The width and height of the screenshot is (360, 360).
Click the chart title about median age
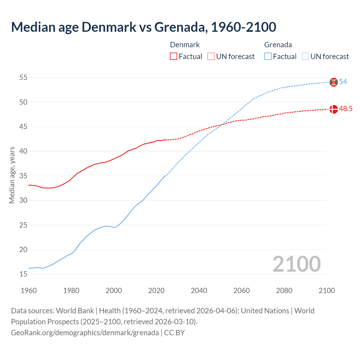click(x=143, y=27)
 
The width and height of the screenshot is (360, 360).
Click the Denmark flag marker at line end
click(x=334, y=109)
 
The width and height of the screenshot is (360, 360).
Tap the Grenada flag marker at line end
click(x=334, y=82)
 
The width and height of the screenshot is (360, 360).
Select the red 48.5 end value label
click(x=346, y=109)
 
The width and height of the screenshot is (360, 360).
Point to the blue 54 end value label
click(x=343, y=82)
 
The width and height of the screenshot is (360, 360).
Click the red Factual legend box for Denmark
click(x=174, y=57)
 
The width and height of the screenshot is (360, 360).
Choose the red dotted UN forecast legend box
click(x=211, y=57)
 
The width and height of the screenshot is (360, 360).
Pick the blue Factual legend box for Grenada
click(x=268, y=57)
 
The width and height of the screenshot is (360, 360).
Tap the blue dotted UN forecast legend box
click(x=305, y=57)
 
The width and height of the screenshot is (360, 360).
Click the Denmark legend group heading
click(x=185, y=45)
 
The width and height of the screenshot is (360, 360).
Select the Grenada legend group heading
click(x=278, y=45)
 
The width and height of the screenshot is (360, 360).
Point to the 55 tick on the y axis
click(x=23, y=78)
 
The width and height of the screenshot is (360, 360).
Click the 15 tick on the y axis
click(x=23, y=274)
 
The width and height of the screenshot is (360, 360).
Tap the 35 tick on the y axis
click(x=23, y=176)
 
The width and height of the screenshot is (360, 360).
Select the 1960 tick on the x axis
click(x=29, y=291)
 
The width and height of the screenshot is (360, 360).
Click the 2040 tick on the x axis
click(x=199, y=291)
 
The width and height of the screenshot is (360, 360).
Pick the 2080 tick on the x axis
click(x=284, y=291)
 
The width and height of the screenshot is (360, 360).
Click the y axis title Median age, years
click(x=12, y=175)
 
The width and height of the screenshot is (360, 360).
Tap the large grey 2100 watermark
click(x=296, y=264)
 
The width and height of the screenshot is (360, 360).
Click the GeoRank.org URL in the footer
click(x=85, y=333)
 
